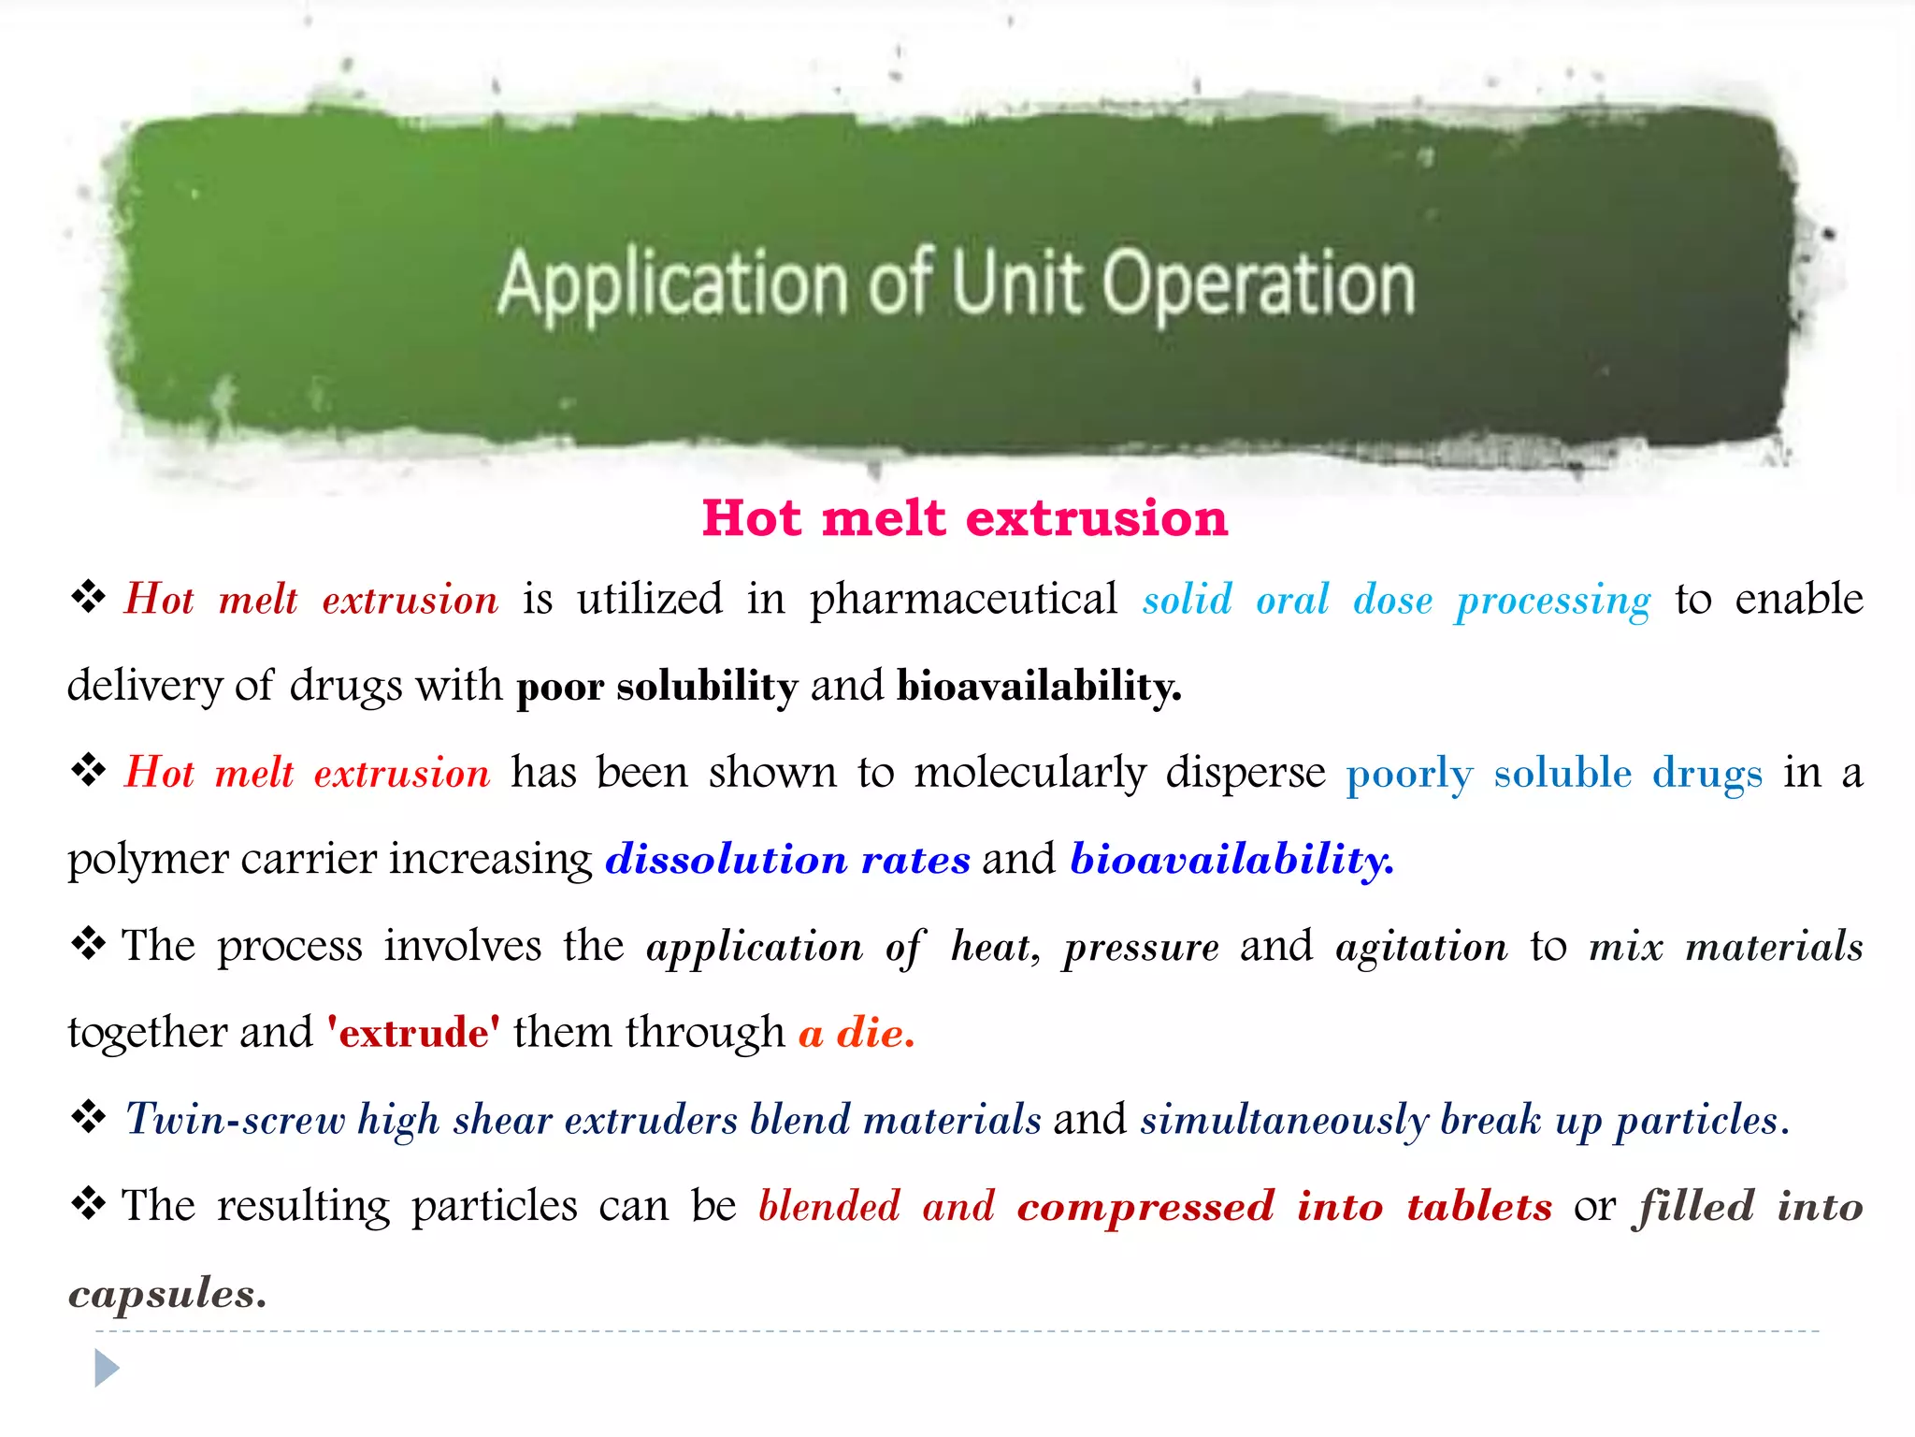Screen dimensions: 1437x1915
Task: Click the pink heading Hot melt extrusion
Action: (x=964, y=518)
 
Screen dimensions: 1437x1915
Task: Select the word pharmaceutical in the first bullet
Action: (x=963, y=600)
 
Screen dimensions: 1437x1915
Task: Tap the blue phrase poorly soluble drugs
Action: (x=1554, y=774)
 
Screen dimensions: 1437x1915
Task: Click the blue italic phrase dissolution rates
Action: (x=788, y=859)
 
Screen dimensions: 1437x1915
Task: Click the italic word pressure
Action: (x=1141, y=948)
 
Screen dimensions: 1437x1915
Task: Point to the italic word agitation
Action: (x=1421, y=947)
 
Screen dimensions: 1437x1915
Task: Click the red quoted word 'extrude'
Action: (x=413, y=1033)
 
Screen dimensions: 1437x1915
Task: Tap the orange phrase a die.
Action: (x=857, y=1033)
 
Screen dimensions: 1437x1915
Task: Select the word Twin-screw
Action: (x=235, y=1120)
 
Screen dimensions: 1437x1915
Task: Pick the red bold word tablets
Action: (x=1479, y=1207)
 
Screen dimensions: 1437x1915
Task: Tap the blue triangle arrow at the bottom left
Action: (x=107, y=1369)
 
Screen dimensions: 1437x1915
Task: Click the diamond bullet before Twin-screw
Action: (x=89, y=1116)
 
